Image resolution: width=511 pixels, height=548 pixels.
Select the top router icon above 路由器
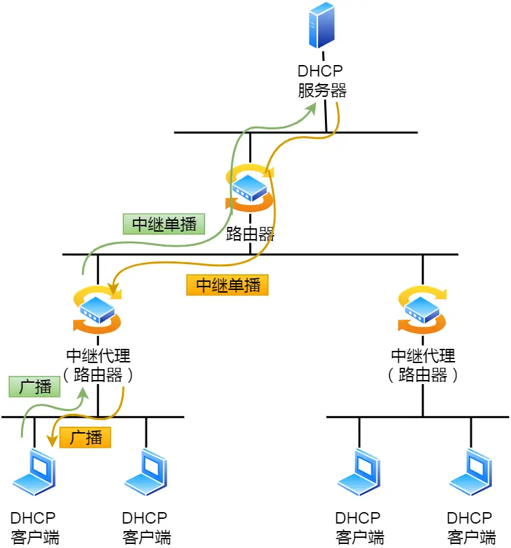(x=250, y=186)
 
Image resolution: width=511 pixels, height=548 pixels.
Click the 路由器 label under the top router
(x=250, y=234)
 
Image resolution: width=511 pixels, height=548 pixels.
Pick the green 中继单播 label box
(x=163, y=224)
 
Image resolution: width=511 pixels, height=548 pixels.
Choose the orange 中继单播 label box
(x=227, y=284)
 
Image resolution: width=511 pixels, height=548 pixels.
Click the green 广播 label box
(x=35, y=387)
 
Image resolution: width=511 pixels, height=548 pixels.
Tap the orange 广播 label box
(x=85, y=438)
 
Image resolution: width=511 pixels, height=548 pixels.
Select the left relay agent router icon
(x=98, y=311)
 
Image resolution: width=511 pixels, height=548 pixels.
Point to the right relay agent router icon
(x=422, y=311)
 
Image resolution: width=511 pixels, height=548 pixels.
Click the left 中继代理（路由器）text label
(x=98, y=365)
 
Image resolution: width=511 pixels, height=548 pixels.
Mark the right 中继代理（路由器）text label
(x=422, y=365)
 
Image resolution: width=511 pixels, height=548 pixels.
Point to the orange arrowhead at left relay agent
(x=116, y=293)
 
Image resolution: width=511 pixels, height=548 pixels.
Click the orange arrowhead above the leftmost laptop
(x=50, y=441)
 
